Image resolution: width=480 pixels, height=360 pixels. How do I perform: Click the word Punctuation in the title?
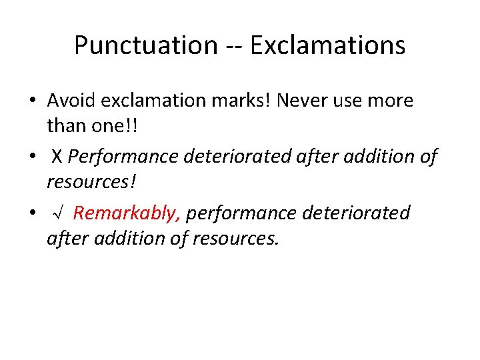click(x=145, y=46)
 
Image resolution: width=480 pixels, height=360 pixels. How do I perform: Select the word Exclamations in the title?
click(x=327, y=46)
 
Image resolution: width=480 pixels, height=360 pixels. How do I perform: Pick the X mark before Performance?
click(x=57, y=157)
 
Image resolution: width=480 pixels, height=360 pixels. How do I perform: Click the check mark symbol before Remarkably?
click(x=58, y=213)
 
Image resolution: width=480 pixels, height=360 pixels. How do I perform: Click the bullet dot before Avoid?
click(x=32, y=101)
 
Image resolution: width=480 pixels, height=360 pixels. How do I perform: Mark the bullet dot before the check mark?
click(x=32, y=213)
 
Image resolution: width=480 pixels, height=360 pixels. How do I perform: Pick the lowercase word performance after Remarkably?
click(x=241, y=213)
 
